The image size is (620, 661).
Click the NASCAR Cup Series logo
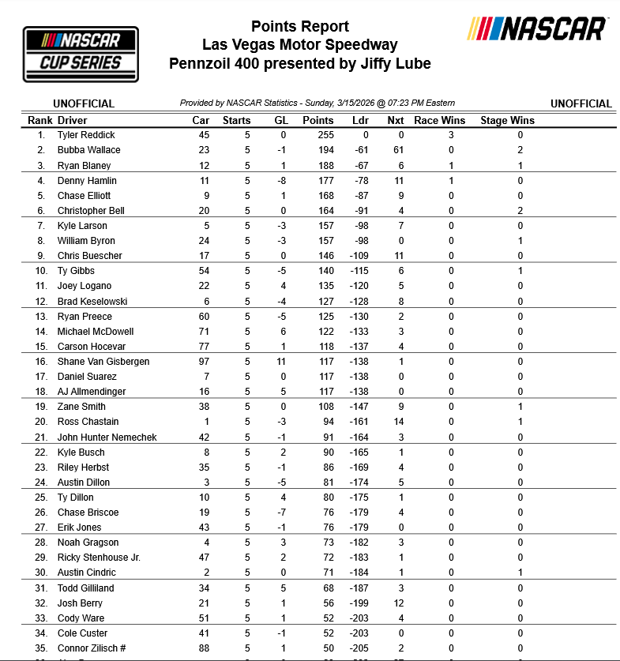[x=81, y=53]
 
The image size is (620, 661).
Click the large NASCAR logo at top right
[x=537, y=29]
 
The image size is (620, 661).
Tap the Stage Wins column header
[x=507, y=121]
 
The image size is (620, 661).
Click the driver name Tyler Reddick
[x=86, y=135]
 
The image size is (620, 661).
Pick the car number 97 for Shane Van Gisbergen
[x=204, y=362]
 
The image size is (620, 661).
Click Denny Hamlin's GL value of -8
[x=280, y=181]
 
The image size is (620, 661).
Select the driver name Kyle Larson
[x=82, y=226]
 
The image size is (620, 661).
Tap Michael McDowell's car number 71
[x=204, y=332]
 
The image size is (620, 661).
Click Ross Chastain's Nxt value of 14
[x=399, y=422]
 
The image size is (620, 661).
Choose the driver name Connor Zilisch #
[x=92, y=648]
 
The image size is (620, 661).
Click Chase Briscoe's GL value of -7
[x=280, y=513]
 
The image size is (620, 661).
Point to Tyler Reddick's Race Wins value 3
[x=451, y=135]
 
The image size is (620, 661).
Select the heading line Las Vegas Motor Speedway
[x=299, y=45]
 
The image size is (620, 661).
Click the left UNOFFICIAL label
[x=84, y=103]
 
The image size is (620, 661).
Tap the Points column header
[x=318, y=121]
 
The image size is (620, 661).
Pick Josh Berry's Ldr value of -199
[x=359, y=603]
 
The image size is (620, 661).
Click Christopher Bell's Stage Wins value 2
[x=520, y=211]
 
